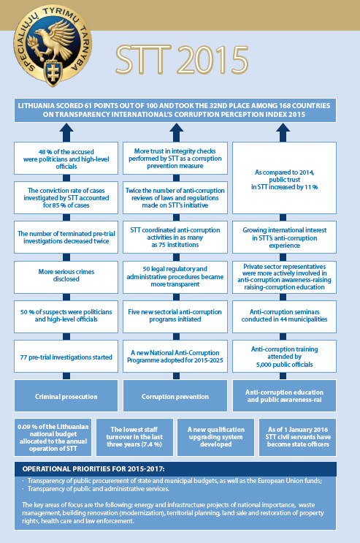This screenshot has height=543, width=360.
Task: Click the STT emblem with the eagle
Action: (x=53, y=47)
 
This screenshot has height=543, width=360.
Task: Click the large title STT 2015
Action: (x=182, y=60)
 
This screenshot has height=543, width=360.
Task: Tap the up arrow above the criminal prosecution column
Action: (x=66, y=132)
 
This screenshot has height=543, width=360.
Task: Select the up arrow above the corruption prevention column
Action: (x=176, y=132)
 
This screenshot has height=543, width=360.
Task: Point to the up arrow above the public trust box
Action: (x=283, y=132)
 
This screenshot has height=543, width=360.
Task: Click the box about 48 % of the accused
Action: (x=66, y=159)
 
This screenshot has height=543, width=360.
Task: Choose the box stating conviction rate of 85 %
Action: (x=66, y=198)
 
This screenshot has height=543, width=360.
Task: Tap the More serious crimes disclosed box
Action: (x=66, y=277)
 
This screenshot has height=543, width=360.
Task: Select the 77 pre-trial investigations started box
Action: (x=66, y=357)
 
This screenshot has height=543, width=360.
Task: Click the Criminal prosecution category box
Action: (x=66, y=396)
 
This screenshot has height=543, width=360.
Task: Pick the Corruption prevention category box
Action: (x=175, y=396)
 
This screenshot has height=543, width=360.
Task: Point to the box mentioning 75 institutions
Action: (x=175, y=238)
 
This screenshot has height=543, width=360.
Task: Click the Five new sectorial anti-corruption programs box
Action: (x=175, y=316)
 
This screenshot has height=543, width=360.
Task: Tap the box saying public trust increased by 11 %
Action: (x=285, y=178)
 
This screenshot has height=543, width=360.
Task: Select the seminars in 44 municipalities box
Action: (x=285, y=316)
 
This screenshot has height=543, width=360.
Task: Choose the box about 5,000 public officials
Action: (x=285, y=357)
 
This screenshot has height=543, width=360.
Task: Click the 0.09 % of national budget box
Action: (x=53, y=437)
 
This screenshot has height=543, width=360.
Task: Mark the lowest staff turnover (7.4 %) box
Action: (x=134, y=437)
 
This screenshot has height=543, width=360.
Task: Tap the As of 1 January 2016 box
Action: (x=298, y=437)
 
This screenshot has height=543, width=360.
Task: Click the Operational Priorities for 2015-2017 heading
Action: (x=93, y=469)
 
